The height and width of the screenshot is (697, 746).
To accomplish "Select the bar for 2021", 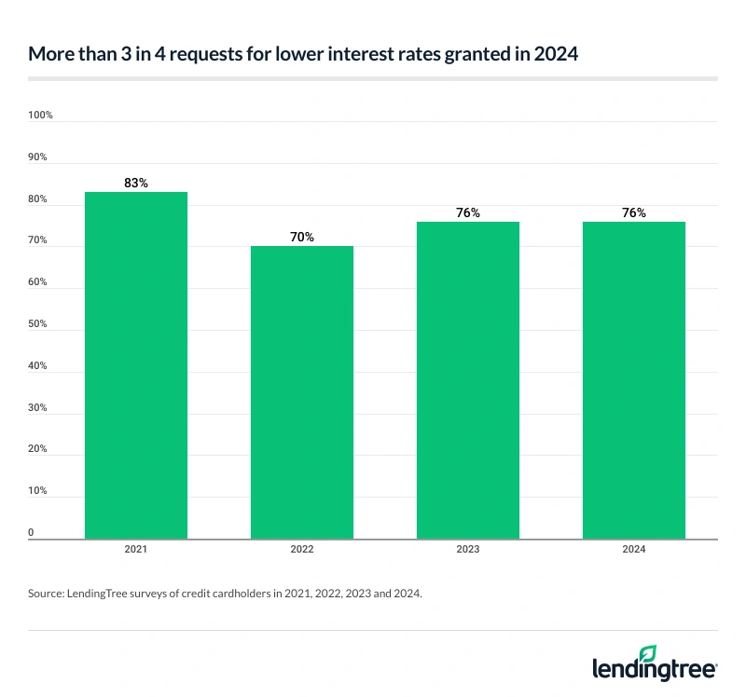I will [136, 365].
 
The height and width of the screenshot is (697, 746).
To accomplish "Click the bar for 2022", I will [302, 392].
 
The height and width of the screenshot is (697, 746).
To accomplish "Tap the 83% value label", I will [136, 184].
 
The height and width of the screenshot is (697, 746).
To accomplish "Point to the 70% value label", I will [302, 238].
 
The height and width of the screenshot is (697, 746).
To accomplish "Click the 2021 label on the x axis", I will [136, 550].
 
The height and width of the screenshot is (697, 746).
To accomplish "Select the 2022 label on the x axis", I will [302, 550].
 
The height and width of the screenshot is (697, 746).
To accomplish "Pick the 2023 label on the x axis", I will [468, 550].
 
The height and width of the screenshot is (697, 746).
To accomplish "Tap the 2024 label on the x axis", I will [634, 550].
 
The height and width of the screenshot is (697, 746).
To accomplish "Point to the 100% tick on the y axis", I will [41, 116].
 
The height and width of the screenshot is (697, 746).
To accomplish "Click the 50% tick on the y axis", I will [39, 324].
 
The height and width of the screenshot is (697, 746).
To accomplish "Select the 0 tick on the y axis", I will [32, 533].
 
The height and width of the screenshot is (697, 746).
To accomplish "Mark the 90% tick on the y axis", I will [39, 157].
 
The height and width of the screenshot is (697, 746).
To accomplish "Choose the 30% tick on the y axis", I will [39, 408].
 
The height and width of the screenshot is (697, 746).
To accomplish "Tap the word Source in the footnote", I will [47, 593].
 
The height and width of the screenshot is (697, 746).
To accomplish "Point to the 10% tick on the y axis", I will [39, 491].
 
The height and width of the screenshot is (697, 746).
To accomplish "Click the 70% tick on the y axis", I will [39, 241].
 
